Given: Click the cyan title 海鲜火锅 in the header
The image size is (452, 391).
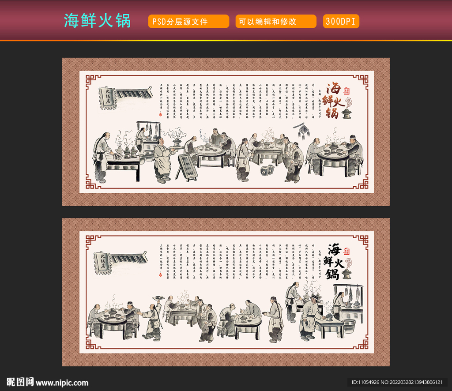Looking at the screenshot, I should [98, 20].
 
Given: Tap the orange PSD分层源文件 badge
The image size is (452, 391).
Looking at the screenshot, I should [188, 21].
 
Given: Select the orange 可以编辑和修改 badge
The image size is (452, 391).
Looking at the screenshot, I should [275, 21].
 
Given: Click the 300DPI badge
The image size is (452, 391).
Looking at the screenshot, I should [341, 21].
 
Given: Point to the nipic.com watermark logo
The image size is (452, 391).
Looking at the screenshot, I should [47, 382].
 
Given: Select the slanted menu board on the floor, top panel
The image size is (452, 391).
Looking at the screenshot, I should [187, 166].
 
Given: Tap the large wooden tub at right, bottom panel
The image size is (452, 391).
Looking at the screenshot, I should [349, 326].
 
